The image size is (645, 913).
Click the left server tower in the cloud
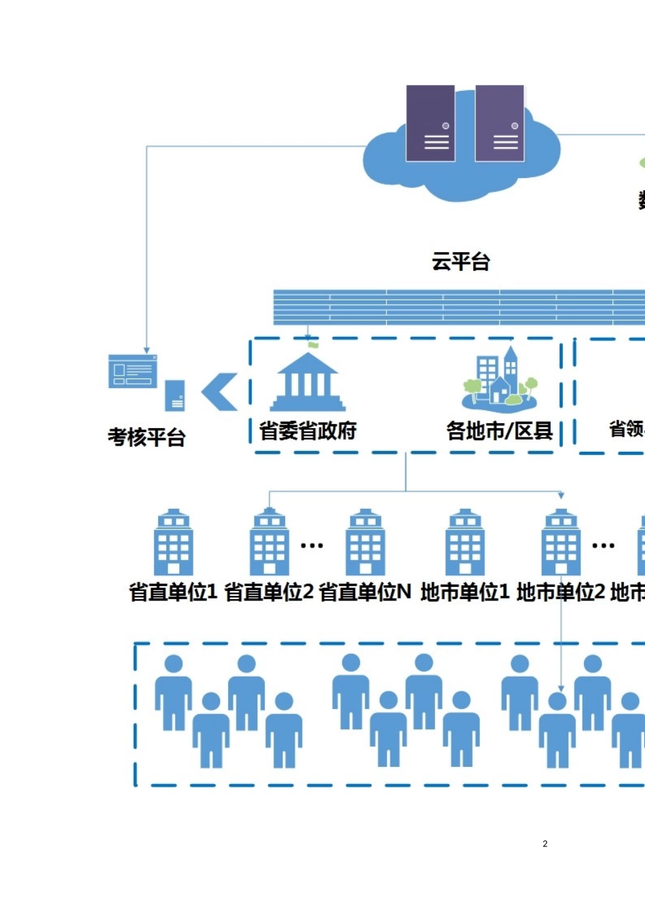pos(430,123)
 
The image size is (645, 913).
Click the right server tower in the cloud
pos(500,123)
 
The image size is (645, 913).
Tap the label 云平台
pos(461,262)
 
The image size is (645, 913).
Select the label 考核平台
pos(147,437)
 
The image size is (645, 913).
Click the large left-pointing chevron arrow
pos(220,392)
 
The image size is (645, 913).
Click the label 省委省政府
pos(308,431)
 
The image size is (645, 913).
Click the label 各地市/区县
pos(500,431)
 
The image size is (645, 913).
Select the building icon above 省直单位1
pos(174,543)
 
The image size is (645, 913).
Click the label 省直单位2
pos(269,592)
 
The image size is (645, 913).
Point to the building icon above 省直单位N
pos(366,543)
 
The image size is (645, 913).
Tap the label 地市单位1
pos(465,592)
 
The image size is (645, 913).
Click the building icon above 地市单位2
pos(561,543)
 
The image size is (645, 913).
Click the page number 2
pos(545,844)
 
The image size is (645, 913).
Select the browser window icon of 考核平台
pos(133,372)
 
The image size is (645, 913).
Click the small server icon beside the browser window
pos(175,395)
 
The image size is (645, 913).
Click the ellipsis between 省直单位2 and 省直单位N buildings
pos(312,545)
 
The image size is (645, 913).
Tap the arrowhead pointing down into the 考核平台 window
pos(147,350)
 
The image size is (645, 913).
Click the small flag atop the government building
pos(312,344)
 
